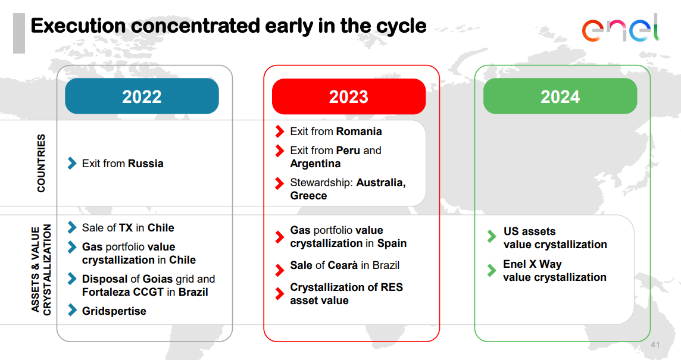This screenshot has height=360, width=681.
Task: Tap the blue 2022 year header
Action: (142, 96)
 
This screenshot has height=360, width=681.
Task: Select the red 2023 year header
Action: (349, 96)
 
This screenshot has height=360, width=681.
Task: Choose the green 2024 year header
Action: (560, 96)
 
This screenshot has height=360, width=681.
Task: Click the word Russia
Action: (146, 164)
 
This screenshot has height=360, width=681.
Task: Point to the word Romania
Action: (359, 132)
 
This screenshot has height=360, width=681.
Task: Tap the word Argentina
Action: (315, 164)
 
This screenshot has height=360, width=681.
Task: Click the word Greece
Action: (309, 196)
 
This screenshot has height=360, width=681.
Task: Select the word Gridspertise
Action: (114, 311)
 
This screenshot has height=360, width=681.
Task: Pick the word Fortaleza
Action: (105, 292)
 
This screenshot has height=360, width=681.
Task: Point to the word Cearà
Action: (343, 265)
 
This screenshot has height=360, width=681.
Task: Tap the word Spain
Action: (392, 243)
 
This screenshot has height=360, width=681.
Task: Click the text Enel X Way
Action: (532, 264)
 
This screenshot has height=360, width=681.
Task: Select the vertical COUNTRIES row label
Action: (41, 163)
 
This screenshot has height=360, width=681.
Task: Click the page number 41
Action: (655, 345)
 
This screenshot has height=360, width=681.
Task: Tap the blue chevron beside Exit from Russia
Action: (72, 163)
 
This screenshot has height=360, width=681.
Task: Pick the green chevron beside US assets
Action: (492, 236)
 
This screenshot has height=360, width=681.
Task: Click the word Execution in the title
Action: (78, 26)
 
